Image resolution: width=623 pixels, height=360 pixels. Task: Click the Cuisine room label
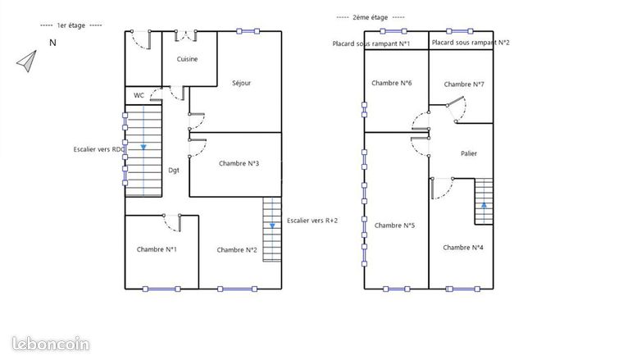coord(187,59)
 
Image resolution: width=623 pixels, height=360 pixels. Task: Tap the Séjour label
coord(242,83)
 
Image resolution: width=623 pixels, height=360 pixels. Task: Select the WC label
coord(139,95)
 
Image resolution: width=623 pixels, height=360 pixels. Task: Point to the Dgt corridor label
coord(174,171)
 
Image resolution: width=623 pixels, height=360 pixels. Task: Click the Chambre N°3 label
coord(239,163)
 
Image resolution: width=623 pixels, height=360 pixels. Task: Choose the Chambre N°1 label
coord(157,249)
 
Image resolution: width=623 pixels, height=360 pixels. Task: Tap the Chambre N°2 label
coord(237,250)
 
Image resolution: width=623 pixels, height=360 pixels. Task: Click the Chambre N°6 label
coord(391,83)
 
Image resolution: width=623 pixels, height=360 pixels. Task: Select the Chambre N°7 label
coord(464,84)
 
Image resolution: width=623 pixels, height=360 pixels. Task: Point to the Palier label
coord(469,153)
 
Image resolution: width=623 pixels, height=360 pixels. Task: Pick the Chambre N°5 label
coord(394,226)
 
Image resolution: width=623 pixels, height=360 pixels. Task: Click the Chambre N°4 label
coord(463,248)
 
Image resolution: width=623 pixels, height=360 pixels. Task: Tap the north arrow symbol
coord(28,61)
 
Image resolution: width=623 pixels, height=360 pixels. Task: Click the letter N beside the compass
coord(52,43)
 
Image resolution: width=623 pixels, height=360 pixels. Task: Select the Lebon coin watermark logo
coord(51,344)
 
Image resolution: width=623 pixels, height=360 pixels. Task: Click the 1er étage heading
coord(71,25)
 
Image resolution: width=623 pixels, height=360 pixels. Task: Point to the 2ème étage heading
coord(371,17)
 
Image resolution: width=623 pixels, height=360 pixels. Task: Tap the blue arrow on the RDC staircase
coord(143,147)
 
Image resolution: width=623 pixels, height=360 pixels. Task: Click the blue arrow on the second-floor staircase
coord(484,206)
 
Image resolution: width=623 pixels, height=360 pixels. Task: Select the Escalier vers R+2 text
coord(312,221)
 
